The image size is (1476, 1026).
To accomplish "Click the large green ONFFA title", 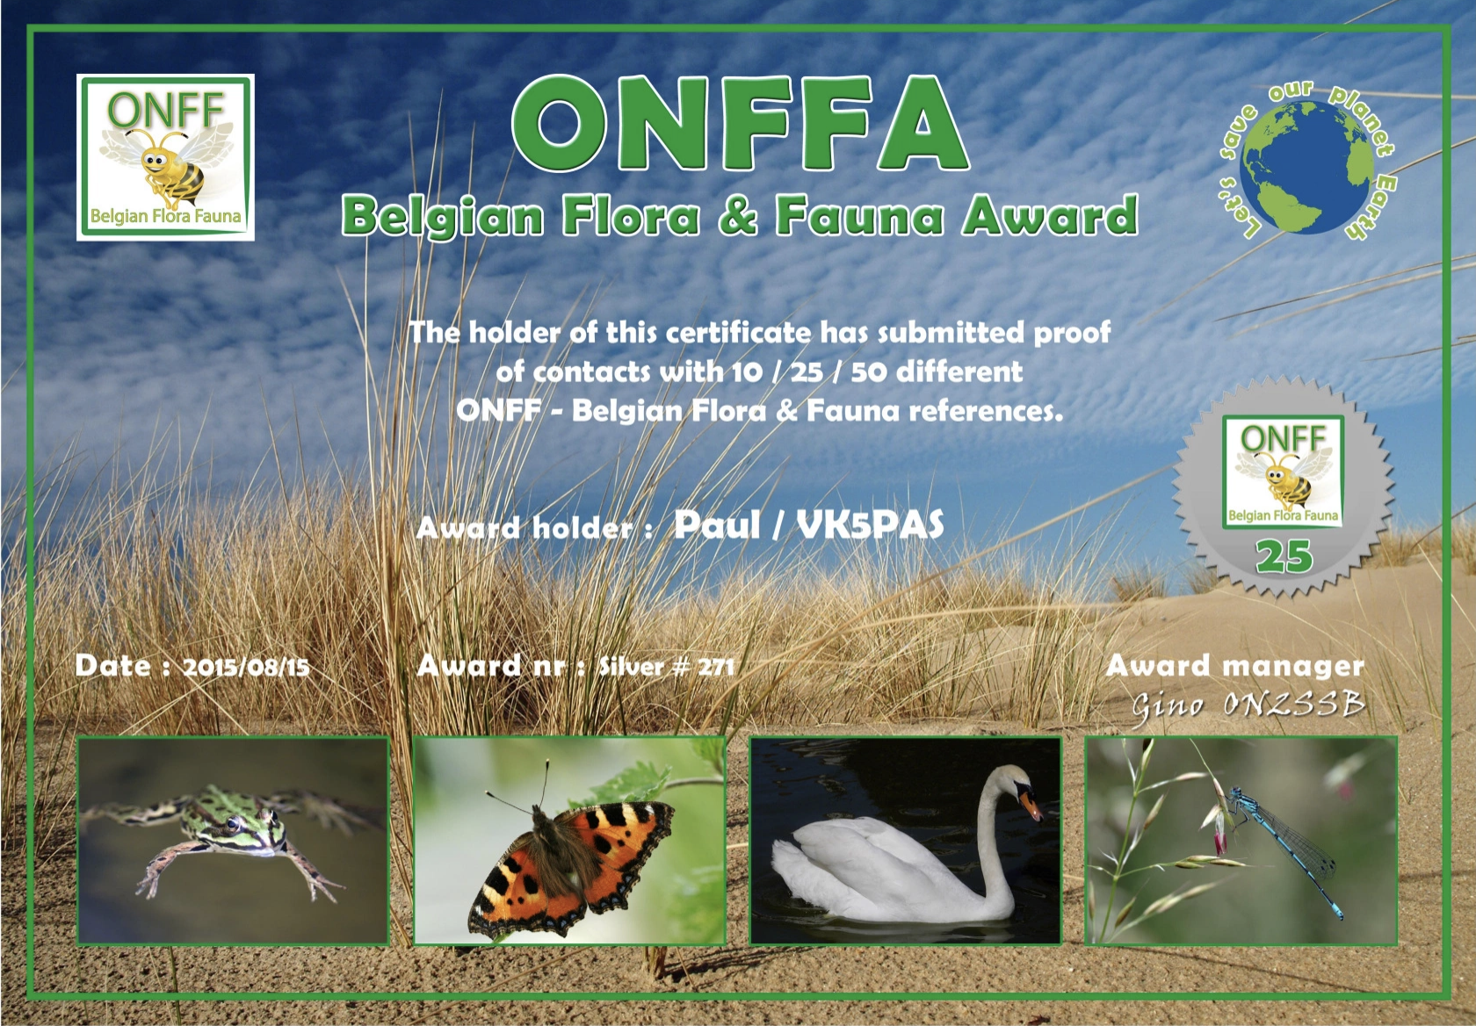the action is point(740,123).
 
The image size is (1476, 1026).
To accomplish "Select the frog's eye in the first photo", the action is point(233,824).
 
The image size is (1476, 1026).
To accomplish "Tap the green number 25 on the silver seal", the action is point(1284,557).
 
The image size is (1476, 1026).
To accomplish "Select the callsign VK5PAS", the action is point(870,525).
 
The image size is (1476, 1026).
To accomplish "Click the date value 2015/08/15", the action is point(246,668).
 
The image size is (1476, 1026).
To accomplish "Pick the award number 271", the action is point(715,668).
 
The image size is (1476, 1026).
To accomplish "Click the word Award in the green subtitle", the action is point(1048,215).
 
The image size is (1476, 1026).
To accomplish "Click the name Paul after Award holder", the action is point(717,525).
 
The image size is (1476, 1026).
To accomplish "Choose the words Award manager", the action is point(1235,666).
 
